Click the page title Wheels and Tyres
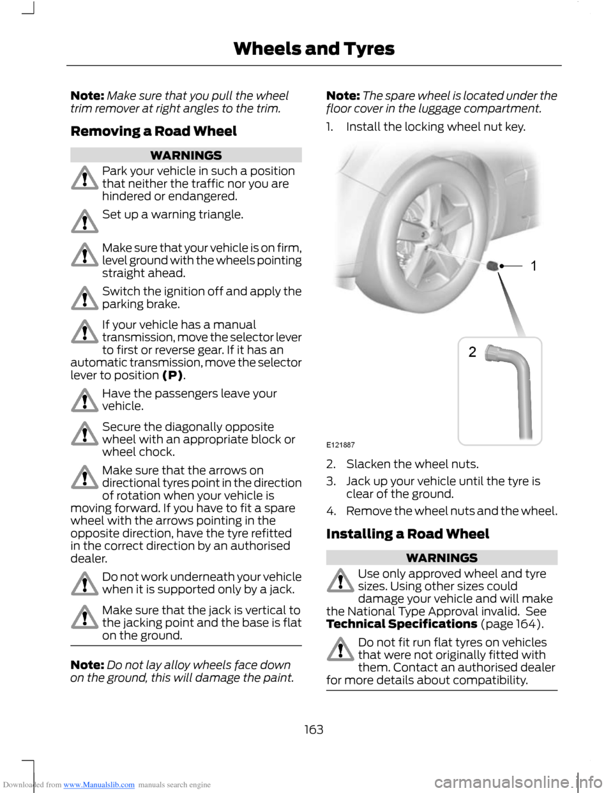(314, 49)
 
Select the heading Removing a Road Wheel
(153, 132)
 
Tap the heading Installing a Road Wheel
(407, 534)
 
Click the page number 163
(314, 729)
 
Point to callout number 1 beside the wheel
(534, 266)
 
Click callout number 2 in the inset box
(473, 352)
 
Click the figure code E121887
(340, 444)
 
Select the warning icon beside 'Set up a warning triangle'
(84, 221)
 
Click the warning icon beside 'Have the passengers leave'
(84, 400)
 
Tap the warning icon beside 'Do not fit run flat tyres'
(340, 649)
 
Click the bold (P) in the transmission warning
(172, 375)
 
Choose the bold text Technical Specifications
(402, 624)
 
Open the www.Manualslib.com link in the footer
(99, 785)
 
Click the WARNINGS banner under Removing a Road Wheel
(186, 155)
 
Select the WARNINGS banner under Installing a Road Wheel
(441, 557)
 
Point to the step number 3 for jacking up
(330, 481)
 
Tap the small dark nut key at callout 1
(494, 265)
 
